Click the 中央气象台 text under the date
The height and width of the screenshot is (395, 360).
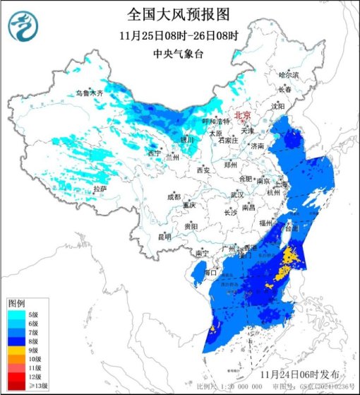(179, 53)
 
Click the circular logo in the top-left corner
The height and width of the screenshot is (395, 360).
(22, 27)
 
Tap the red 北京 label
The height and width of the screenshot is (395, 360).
(244, 114)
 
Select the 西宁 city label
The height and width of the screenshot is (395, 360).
(154, 153)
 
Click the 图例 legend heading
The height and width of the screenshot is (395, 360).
(16, 302)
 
